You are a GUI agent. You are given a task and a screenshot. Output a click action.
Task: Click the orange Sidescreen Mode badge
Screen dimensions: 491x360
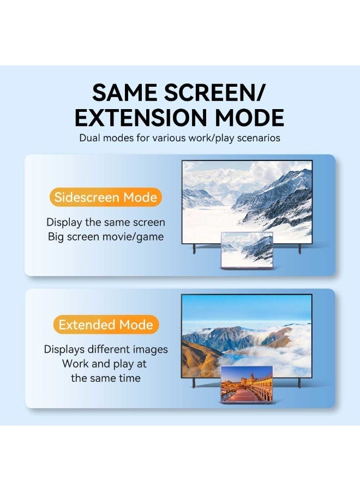click(106, 197)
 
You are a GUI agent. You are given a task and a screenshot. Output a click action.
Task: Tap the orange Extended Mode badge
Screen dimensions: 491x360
click(106, 325)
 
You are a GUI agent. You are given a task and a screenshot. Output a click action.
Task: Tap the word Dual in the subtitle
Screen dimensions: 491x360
click(91, 138)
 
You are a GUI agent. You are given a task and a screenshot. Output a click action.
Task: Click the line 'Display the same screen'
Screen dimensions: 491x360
click(106, 223)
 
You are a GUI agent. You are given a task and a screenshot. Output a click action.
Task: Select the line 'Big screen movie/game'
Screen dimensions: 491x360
click(106, 237)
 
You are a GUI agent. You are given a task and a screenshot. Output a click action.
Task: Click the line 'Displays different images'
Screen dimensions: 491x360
click(106, 350)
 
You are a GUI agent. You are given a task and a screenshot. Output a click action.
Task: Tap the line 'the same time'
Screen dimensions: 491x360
click(106, 378)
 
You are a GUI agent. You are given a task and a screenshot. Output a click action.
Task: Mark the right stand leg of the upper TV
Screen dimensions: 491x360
click(299, 249)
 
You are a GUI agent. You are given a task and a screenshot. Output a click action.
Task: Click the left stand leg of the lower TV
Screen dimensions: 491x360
click(194, 383)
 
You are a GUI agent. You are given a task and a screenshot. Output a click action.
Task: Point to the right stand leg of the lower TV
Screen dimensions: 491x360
click(299, 383)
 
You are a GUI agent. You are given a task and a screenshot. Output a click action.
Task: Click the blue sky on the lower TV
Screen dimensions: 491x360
click(245, 308)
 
